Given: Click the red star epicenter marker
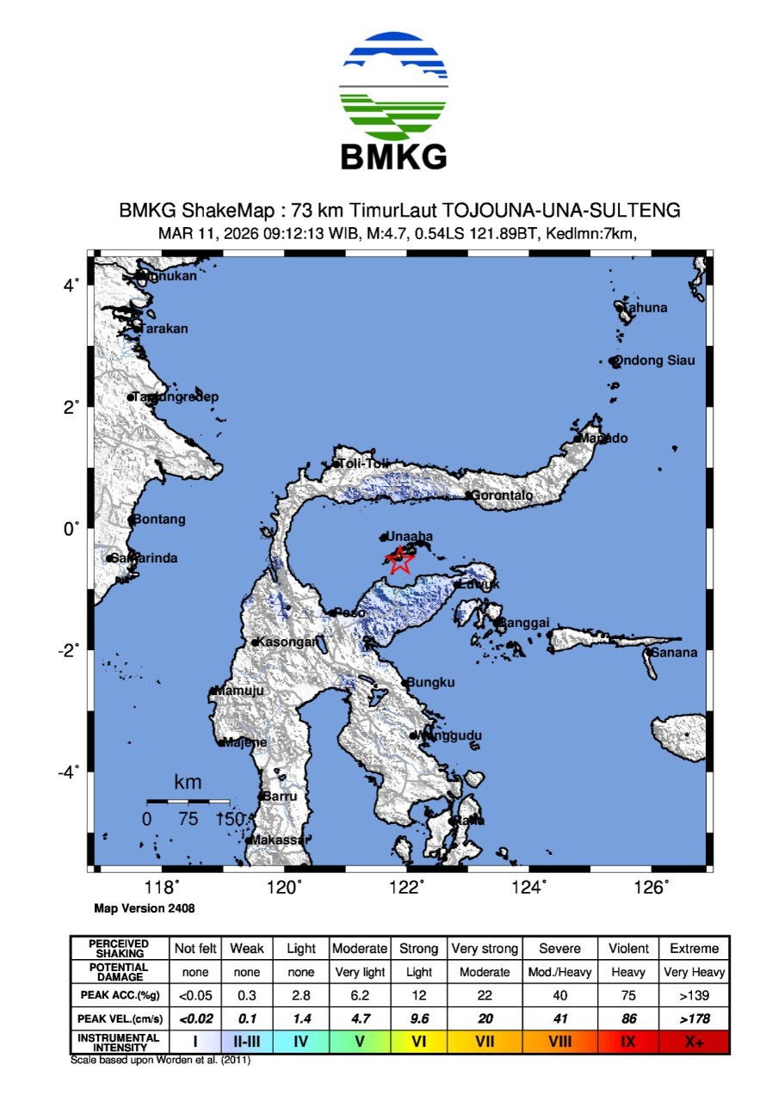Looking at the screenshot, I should coord(398,560).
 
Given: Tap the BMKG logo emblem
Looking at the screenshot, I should coord(394,87).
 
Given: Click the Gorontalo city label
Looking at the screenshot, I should coord(503,495).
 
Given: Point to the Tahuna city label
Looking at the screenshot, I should coord(645,307).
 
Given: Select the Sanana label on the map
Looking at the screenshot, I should coord(674,652).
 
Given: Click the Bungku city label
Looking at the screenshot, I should coord(430,682).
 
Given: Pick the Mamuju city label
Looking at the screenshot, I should coord(239,691).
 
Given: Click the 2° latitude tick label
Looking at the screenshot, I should coord(72,405).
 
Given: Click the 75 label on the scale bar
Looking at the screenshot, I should coord(188,819).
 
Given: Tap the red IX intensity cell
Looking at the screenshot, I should coord(628,1043).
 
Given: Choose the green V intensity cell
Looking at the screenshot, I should coord(360,1043).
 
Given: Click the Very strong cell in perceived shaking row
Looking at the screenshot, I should coord(485,949).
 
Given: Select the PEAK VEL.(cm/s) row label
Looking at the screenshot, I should coord(120,1018).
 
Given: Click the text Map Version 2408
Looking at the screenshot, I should coord(138,907).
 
